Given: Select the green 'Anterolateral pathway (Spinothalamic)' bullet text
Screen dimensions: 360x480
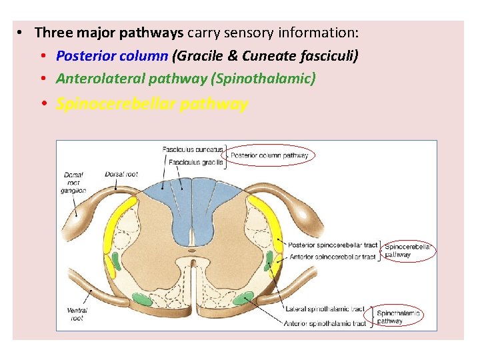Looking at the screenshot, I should click(x=186, y=79).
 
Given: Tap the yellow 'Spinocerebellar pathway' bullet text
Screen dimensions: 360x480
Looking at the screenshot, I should click(x=152, y=104).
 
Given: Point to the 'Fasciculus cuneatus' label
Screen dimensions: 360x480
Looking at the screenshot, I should click(x=193, y=150).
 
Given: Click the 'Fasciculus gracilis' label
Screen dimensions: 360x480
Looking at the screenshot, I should click(x=195, y=163).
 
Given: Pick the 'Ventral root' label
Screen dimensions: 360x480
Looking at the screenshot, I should click(x=77, y=314).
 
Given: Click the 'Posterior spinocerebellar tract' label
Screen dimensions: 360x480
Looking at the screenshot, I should click(x=332, y=245).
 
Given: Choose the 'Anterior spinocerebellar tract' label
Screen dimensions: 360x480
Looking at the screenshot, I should click(x=332, y=257).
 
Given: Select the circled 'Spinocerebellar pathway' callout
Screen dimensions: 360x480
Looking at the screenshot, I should click(x=408, y=251).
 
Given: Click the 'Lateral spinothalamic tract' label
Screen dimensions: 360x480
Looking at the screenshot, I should click(x=325, y=309).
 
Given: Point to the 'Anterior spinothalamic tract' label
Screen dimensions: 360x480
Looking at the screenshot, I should click(x=325, y=323).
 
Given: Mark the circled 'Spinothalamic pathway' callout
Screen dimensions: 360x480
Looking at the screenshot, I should click(x=399, y=317).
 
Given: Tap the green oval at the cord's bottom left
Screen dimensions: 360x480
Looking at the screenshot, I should click(x=141, y=299).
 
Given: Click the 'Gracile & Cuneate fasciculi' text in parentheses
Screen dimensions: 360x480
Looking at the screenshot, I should click(x=265, y=56).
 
